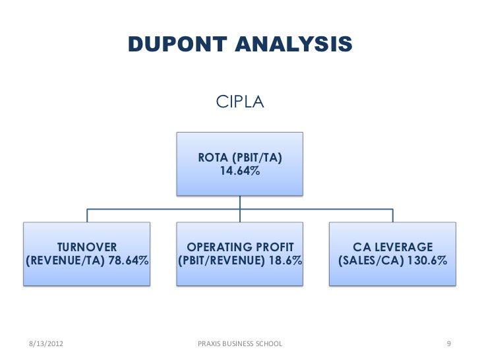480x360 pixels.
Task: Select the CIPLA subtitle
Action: (240, 104)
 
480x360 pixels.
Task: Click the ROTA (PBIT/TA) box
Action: (240, 164)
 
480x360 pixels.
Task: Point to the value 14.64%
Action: (240, 171)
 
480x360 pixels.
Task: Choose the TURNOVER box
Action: (87, 254)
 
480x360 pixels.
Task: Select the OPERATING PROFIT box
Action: (240, 254)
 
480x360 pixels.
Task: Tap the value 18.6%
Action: (284, 261)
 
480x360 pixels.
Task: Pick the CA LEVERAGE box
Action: (393, 254)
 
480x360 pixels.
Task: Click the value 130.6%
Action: (426, 261)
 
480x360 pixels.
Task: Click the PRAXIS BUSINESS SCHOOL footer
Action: (240, 344)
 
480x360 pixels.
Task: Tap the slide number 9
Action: (448, 344)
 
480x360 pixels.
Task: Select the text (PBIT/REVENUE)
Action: (220, 261)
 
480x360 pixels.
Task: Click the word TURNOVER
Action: (87, 247)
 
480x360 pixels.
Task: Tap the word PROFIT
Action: (269, 247)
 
